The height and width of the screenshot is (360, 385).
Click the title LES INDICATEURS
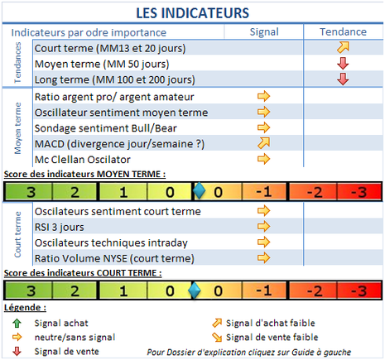pyautogui.click(x=191, y=13)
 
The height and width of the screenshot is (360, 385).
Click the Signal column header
pyautogui.click(x=263, y=32)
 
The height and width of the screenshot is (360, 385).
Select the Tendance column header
pyautogui.click(x=343, y=32)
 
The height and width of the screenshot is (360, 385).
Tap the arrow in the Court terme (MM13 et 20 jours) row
pyautogui.click(x=343, y=48)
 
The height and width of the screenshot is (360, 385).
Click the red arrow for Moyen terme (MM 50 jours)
pyautogui.click(x=343, y=64)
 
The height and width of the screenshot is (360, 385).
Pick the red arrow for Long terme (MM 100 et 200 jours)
pyautogui.click(x=343, y=79)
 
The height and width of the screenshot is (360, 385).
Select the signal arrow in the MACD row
pyautogui.click(x=264, y=144)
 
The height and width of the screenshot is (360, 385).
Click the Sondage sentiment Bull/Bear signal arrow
pyautogui.click(x=264, y=128)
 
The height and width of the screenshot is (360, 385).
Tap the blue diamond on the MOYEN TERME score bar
pyautogui.click(x=198, y=192)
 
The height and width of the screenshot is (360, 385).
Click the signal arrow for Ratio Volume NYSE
pyautogui.click(x=264, y=258)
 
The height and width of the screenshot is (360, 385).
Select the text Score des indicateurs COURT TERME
pyautogui.click(x=83, y=272)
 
